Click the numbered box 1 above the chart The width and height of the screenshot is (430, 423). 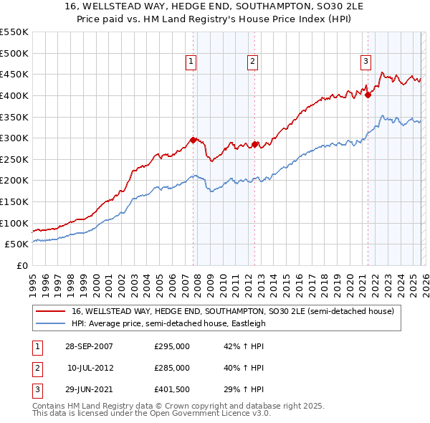(x=192, y=62)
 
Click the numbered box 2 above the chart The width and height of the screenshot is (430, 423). (x=253, y=62)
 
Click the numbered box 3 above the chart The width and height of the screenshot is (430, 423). (x=365, y=62)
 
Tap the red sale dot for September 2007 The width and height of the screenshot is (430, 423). (x=193, y=141)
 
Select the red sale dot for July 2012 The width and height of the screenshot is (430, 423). (x=254, y=145)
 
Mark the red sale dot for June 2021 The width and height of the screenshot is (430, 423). (x=368, y=95)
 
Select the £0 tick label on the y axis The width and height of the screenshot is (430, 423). (x=23, y=265)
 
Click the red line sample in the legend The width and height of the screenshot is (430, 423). (x=50, y=312)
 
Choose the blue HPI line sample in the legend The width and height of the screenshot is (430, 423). (x=50, y=323)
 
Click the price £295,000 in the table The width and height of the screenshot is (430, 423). (x=172, y=346)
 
